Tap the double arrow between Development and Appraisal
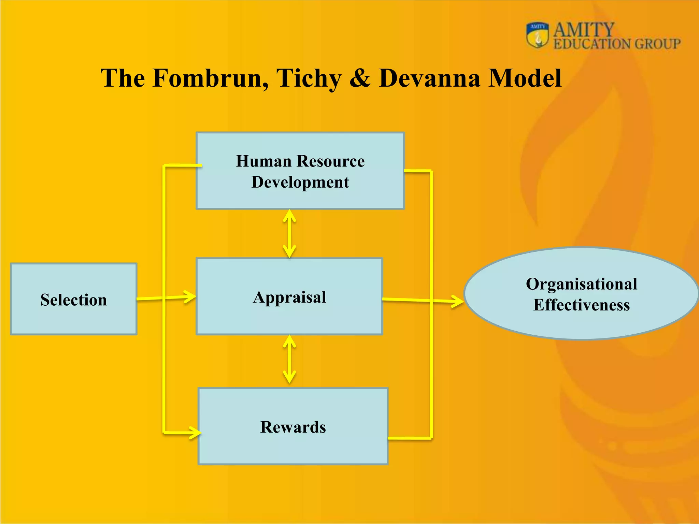click(289, 234)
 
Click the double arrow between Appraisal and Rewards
click(289, 359)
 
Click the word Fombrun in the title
click(210, 78)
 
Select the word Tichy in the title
click(308, 78)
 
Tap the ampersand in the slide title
click(360, 78)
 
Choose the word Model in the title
click(525, 78)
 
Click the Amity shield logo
click(537, 35)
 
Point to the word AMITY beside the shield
click(583, 30)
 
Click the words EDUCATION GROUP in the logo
click(617, 44)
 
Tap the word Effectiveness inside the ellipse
click(581, 305)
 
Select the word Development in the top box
click(300, 182)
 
